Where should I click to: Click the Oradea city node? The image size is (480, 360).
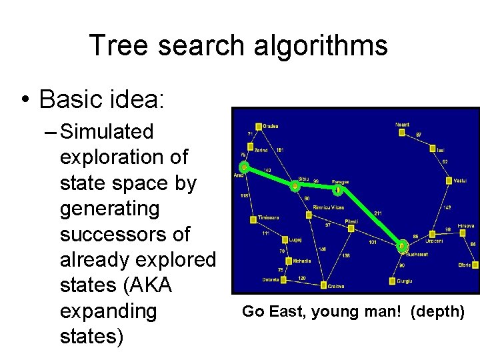coord(258,125)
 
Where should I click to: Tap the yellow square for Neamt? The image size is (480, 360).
coord(401,132)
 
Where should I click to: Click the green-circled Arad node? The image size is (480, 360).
coord(245,167)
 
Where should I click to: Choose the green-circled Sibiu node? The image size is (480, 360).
coord(295,187)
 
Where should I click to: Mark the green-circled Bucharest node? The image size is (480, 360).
coord(401,247)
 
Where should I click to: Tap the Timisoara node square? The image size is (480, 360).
coord(253,219)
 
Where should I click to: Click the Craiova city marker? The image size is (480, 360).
coord(323,285)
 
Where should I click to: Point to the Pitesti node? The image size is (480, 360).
coord(349,228)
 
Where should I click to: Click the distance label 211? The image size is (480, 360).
coord(378,213)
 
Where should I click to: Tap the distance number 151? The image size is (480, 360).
coord(280,150)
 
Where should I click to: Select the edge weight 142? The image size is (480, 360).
coord(448,207)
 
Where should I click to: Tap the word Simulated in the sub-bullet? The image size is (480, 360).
coord(107,132)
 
